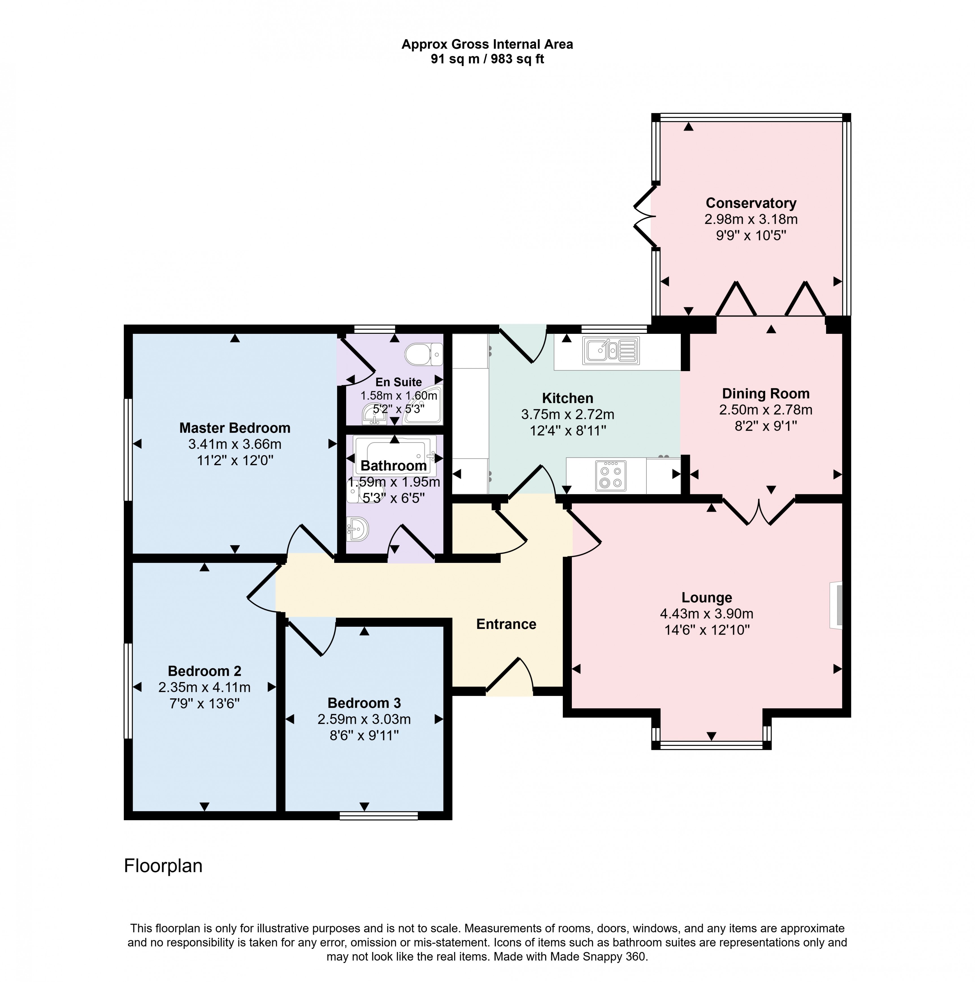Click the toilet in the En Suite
point(424,354)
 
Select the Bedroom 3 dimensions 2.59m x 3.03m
point(364,719)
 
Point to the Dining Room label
point(766,393)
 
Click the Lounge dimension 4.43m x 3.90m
point(707,614)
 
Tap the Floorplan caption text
point(163,866)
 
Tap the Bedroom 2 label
point(204,671)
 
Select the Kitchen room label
point(567,398)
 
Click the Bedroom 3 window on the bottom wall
point(379,816)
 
